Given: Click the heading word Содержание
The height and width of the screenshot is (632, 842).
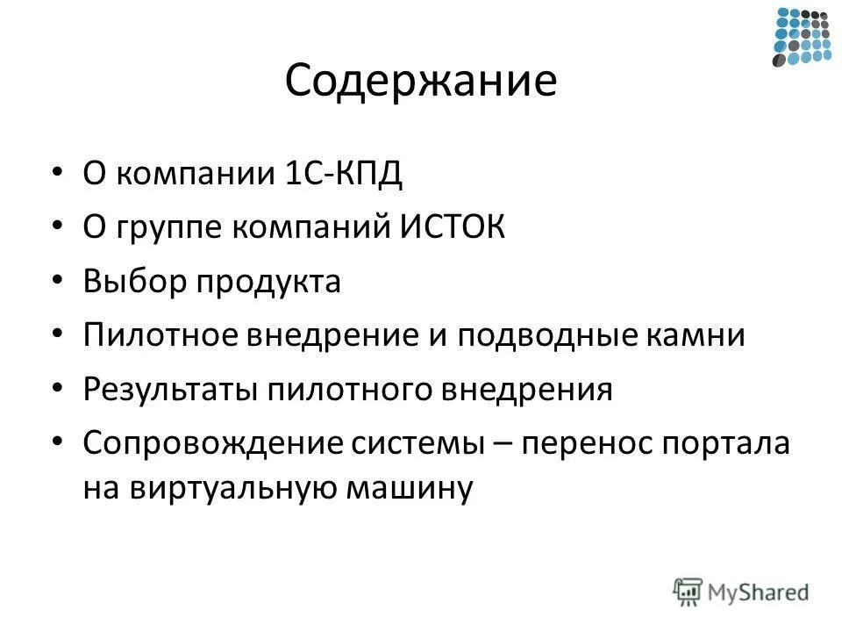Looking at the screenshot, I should [420, 83].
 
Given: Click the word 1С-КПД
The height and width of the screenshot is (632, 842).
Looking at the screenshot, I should [343, 173].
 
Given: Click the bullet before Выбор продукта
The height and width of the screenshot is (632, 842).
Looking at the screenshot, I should [58, 283].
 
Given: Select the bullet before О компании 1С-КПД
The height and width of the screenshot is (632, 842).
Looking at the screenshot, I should [58, 173].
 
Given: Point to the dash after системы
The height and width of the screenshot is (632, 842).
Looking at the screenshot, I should [503, 443].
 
